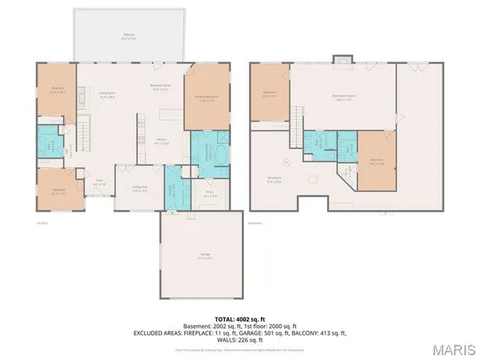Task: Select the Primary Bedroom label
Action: point(207,98)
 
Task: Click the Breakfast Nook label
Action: point(162,87)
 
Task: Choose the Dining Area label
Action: point(140,190)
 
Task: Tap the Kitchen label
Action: point(161,142)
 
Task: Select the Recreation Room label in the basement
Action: point(344,97)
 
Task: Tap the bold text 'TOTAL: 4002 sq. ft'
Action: point(240,318)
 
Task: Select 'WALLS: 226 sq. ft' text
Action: point(240,338)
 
